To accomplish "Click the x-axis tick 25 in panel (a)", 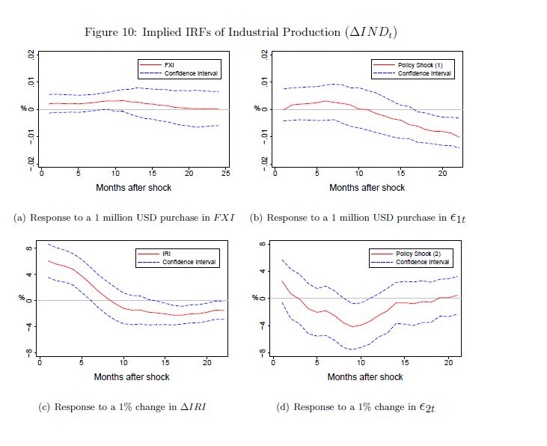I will [x=226, y=174].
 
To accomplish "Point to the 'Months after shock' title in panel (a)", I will [x=133, y=188].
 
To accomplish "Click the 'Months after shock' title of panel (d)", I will [x=365, y=376].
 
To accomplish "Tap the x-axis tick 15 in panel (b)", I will [x=401, y=174].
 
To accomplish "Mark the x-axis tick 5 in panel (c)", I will [x=82, y=362].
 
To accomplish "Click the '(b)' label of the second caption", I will [x=256, y=218].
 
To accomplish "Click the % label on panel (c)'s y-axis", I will [x=22, y=300].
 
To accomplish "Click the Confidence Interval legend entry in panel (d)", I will [x=423, y=262].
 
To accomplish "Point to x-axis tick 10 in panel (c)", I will [x=123, y=362].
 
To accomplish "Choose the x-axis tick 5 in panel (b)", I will [x=318, y=174].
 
